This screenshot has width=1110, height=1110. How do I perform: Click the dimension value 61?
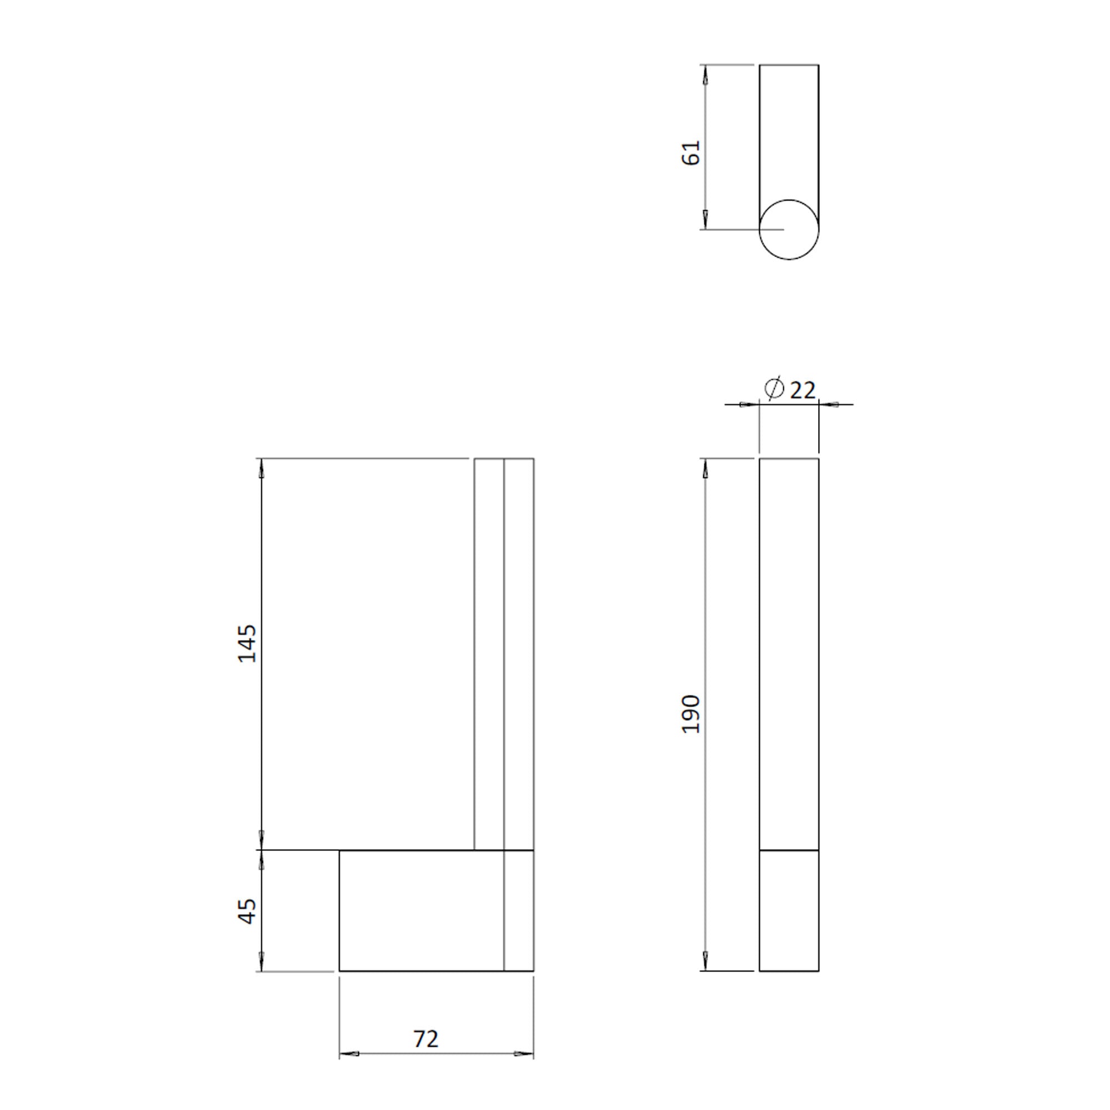(691, 152)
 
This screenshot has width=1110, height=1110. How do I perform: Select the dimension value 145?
(248, 643)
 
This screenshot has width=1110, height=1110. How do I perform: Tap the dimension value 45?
(248, 911)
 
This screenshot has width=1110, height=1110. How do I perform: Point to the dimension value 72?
(426, 1039)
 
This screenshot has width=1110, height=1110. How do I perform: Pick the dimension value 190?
(691, 714)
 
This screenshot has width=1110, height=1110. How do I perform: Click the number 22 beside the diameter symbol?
(803, 391)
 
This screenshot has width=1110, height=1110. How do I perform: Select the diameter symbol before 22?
(774, 389)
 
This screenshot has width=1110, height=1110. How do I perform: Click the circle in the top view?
(789, 229)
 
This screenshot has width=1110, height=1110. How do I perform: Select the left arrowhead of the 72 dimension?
(349, 1054)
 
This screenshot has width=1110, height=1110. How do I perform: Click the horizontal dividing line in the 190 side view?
(789, 850)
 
